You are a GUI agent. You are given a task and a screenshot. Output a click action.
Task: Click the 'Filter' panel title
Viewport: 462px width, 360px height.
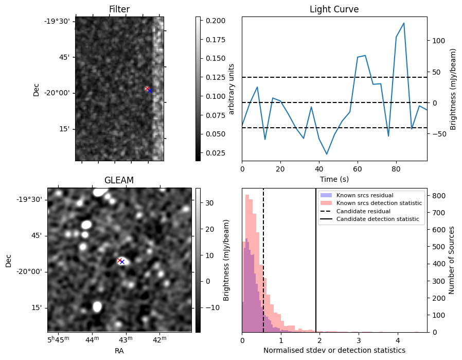point(119,9)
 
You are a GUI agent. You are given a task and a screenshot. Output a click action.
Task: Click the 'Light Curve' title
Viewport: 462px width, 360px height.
point(334,9)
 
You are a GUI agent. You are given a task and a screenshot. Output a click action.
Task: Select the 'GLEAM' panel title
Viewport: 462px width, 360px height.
point(119,180)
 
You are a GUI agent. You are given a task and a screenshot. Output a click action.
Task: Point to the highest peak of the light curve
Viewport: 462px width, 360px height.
point(404,23)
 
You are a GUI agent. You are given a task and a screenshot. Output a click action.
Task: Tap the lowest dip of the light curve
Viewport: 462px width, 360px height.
point(327,154)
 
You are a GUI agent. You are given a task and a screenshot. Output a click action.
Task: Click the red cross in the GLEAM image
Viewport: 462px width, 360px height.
point(119,260)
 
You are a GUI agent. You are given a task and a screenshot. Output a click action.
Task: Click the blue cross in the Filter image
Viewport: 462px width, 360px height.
point(149,90)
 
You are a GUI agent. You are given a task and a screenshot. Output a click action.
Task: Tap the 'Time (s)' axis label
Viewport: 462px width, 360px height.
point(334,178)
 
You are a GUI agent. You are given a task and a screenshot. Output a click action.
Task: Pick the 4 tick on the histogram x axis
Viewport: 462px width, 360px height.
point(398,340)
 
